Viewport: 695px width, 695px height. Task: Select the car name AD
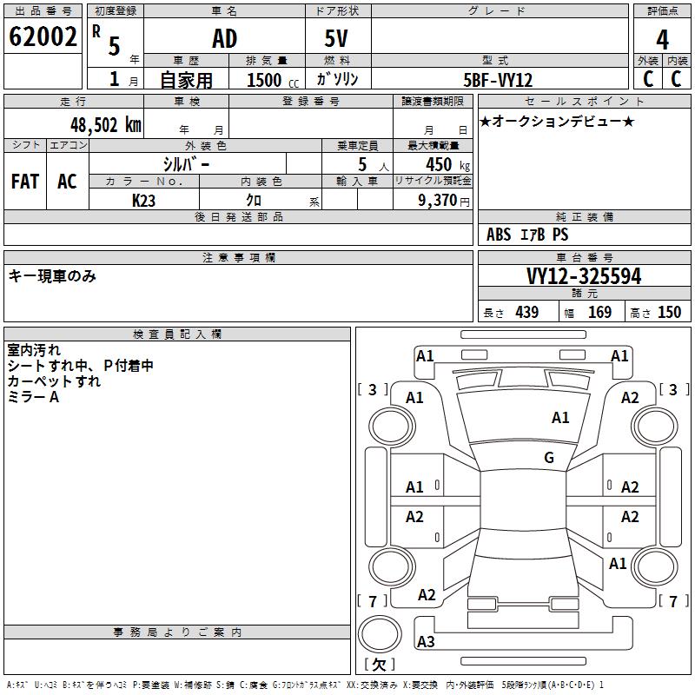point(224,39)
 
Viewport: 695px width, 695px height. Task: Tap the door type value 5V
point(338,39)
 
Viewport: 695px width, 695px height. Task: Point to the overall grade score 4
point(663,39)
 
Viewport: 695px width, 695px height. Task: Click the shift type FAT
point(25,182)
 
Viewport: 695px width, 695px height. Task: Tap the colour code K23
point(143,199)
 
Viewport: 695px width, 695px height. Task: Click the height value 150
point(669,313)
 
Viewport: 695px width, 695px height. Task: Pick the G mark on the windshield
point(549,458)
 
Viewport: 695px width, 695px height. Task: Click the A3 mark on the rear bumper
point(426,642)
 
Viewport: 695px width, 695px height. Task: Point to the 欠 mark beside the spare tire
point(379,665)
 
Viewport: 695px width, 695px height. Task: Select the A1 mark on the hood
point(560,418)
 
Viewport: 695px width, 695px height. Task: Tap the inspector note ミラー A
point(33,396)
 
